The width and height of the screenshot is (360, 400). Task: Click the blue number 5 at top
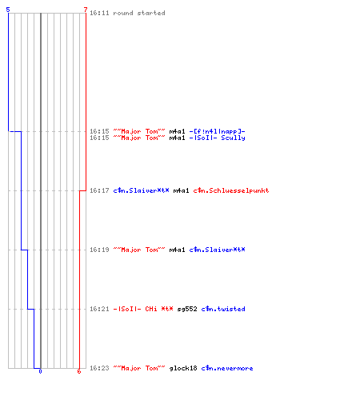(x=8, y=10)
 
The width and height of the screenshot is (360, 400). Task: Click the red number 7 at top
(x=86, y=10)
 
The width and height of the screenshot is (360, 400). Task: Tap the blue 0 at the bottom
(x=40, y=371)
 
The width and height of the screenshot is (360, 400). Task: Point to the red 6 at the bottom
(x=79, y=371)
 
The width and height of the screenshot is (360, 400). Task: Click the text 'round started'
(x=139, y=13)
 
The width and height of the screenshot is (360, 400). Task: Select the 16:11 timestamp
(x=99, y=13)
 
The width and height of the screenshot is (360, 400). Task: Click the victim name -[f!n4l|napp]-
(x=217, y=131)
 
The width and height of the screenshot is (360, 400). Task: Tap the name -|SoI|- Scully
(x=217, y=138)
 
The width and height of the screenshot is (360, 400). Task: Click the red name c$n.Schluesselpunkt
(x=231, y=190)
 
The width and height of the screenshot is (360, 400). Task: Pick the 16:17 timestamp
(x=99, y=190)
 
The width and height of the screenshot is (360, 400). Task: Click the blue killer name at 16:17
(x=141, y=190)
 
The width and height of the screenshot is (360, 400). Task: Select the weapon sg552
(x=187, y=309)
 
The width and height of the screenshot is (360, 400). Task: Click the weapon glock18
(x=183, y=368)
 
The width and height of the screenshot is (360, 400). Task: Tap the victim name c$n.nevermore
(x=227, y=368)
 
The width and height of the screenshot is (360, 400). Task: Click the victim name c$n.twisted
(x=223, y=309)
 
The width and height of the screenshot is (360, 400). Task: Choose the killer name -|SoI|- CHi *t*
(x=143, y=309)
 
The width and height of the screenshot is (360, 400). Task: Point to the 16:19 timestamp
(x=99, y=250)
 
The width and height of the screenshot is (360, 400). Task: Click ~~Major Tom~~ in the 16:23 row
(x=139, y=368)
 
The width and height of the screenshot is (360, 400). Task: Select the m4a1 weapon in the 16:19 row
(x=177, y=250)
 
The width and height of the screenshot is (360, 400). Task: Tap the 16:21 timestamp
(x=99, y=309)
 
